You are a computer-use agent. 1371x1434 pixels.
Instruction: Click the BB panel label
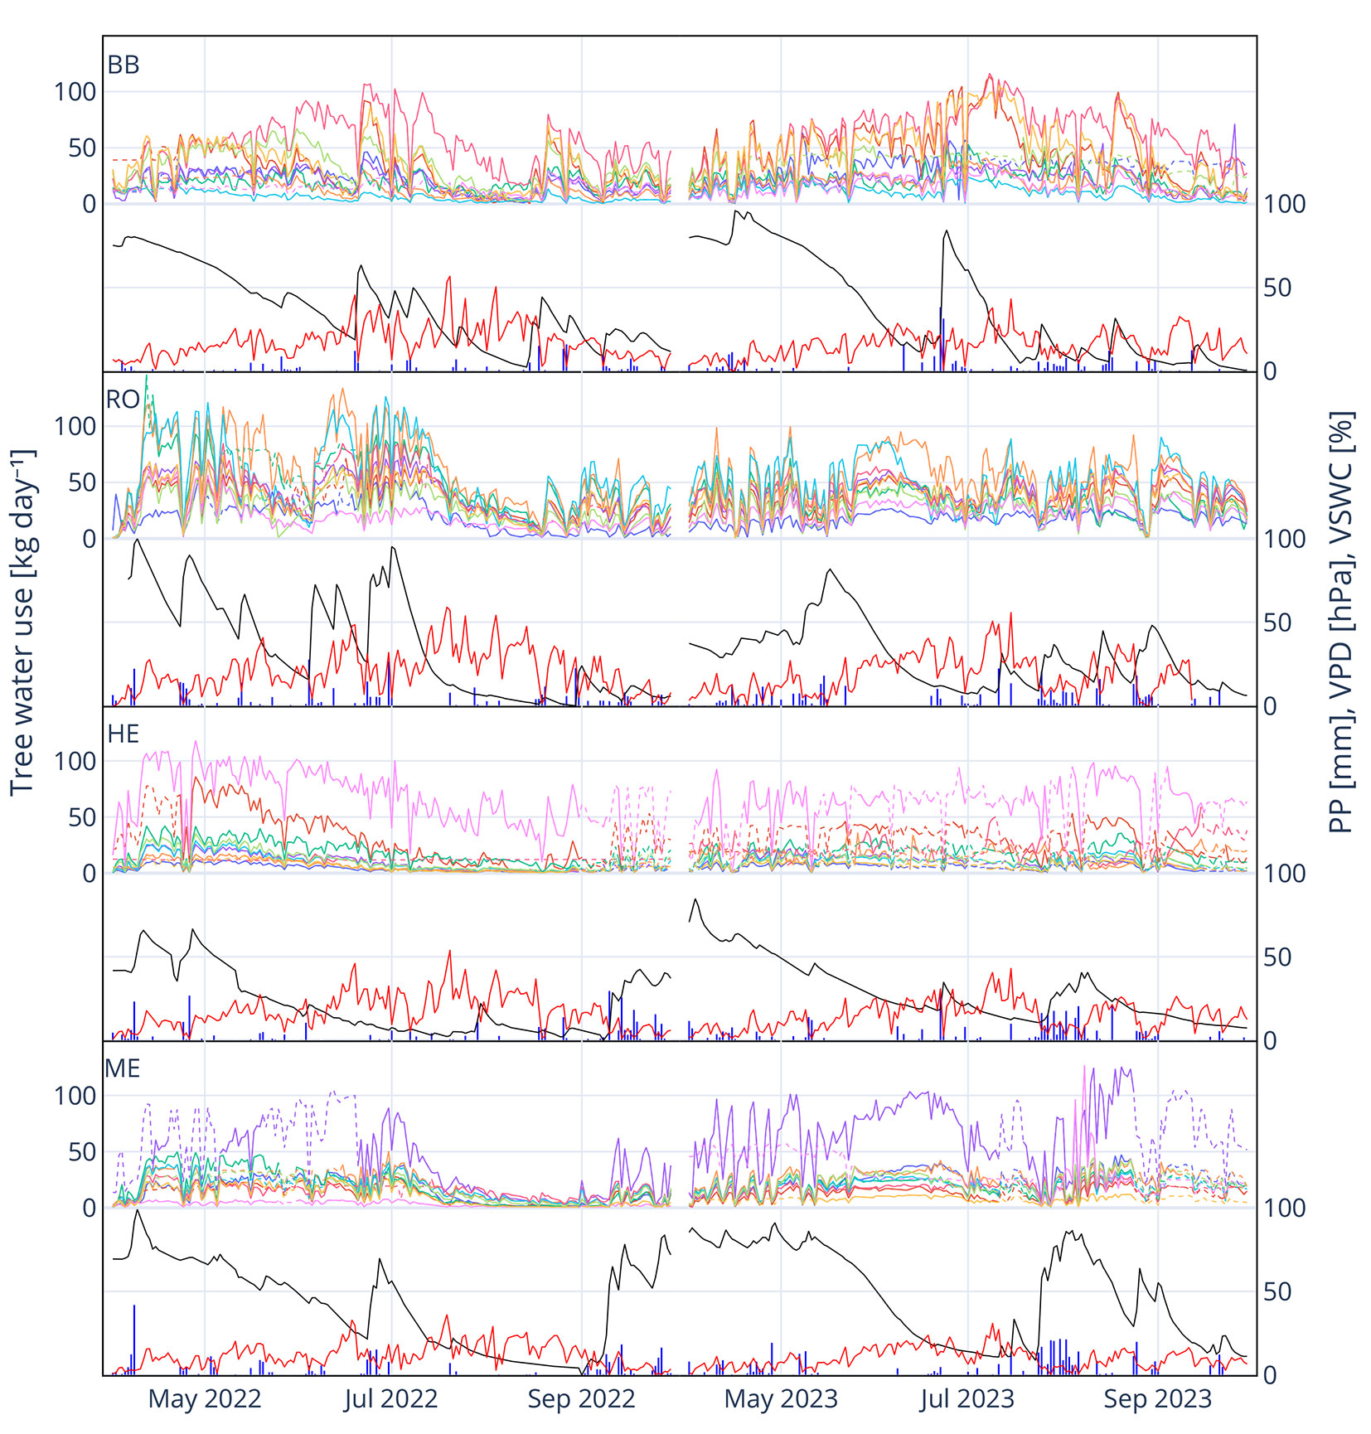click(124, 65)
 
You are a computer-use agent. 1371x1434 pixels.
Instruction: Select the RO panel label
click(123, 400)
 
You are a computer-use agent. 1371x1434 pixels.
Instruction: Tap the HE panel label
click(124, 734)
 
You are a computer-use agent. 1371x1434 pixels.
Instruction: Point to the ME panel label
click(123, 1068)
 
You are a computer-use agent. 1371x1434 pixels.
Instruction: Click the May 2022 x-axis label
click(205, 1399)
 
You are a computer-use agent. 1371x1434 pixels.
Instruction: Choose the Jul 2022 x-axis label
click(390, 1399)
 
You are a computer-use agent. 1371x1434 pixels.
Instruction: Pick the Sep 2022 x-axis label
click(581, 1399)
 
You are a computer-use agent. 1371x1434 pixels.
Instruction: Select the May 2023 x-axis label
click(781, 1399)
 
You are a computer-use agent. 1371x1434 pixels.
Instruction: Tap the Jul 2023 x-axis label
click(967, 1399)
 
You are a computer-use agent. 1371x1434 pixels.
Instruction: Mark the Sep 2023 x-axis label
click(1157, 1399)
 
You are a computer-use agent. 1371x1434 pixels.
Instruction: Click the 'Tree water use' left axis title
click(23, 622)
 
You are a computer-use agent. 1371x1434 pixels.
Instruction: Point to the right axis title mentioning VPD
click(1340, 622)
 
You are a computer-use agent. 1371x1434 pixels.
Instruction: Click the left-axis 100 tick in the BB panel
click(75, 92)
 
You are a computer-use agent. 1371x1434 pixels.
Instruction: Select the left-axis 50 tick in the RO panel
click(83, 482)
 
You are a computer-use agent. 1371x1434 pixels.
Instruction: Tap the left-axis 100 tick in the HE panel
click(75, 761)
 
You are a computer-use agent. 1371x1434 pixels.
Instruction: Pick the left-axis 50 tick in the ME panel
click(83, 1151)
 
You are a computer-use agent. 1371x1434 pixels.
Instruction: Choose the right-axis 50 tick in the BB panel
click(1277, 288)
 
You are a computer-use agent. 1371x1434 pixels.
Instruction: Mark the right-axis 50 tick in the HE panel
click(1277, 957)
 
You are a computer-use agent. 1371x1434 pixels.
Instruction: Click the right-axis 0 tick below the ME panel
click(1270, 1375)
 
